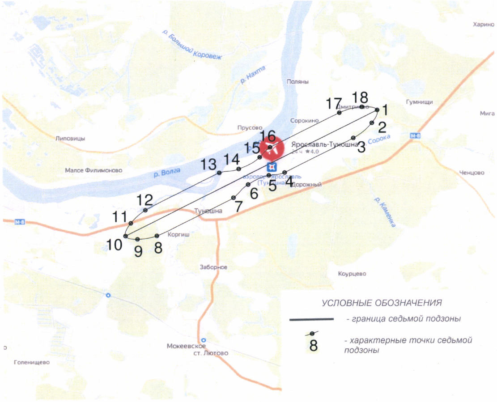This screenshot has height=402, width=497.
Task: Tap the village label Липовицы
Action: coord(70,138)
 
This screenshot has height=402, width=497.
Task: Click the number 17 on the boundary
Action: coord(334,103)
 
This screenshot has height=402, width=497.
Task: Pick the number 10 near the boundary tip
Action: coord(114,245)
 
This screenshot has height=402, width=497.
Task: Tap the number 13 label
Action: coord(208,165)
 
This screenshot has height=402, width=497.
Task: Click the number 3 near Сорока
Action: coord(361,148)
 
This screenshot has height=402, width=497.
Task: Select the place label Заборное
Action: coord(213,267)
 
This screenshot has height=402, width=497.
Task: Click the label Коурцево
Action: coord(352,273)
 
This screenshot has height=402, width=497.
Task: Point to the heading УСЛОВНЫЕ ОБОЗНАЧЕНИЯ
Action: coord(382,303)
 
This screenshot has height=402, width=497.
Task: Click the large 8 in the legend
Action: coord(314,346)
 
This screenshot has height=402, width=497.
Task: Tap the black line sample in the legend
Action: coord(312,319)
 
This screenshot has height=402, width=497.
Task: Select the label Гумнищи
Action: coord(419,102)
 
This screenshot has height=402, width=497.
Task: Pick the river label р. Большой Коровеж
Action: coord(192,46)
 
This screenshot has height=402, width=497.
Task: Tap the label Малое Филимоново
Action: coord(93,170)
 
